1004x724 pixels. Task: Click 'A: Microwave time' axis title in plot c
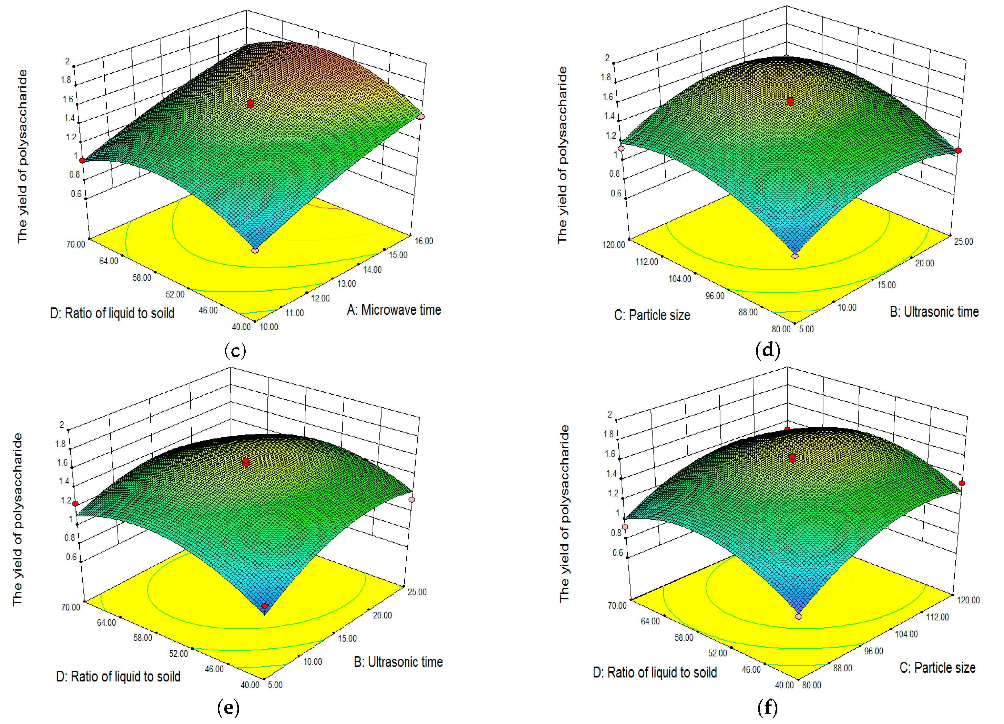[394, 310]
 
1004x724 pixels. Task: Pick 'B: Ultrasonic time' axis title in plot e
[398, 662]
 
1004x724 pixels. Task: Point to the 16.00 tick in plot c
[424, 241]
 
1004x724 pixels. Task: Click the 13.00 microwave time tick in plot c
[346, 283]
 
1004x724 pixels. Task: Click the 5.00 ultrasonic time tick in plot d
[806, 329]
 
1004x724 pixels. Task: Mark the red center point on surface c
[251, 104]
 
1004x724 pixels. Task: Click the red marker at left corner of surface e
[75, 504]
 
